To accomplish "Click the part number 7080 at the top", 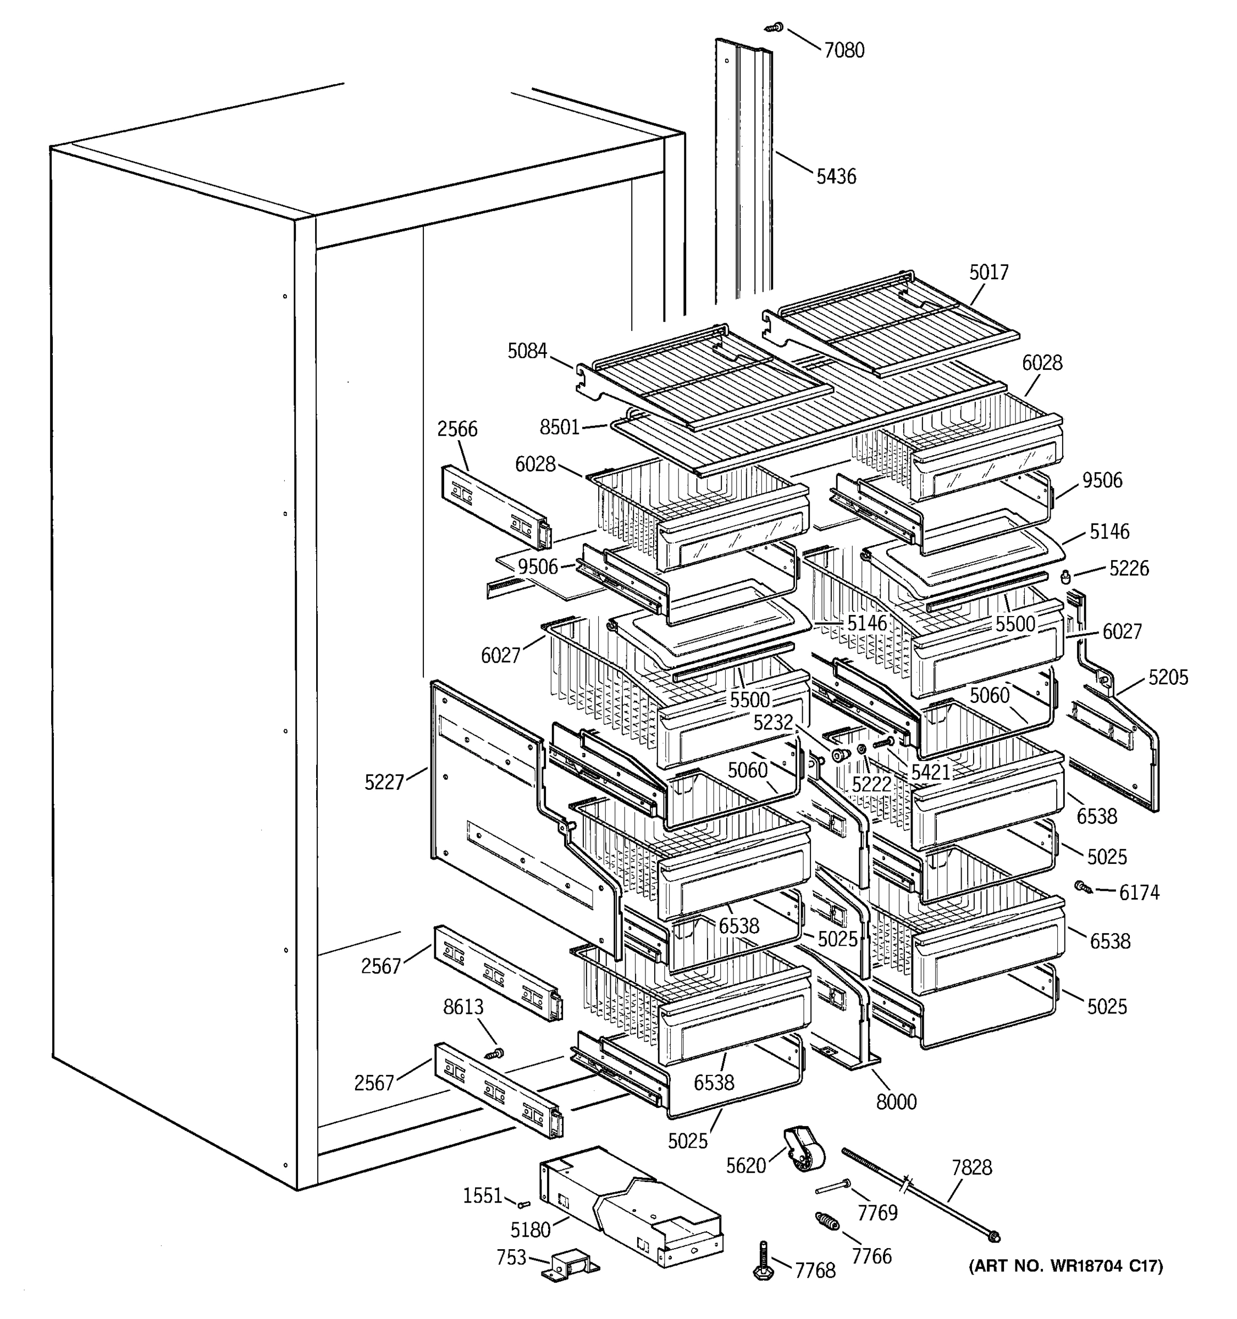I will [x=843, y=51].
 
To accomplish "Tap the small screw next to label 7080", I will [x=774, y=27].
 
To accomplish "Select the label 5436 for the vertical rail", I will [x=836, y=176].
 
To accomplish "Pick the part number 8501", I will [x=560, y=427].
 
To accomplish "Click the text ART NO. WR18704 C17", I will [x=1066, y=1266].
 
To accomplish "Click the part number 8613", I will [x=463, y=1007].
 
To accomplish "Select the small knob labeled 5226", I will [x=1067, y=577].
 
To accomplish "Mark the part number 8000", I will [x=896, y=1102].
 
